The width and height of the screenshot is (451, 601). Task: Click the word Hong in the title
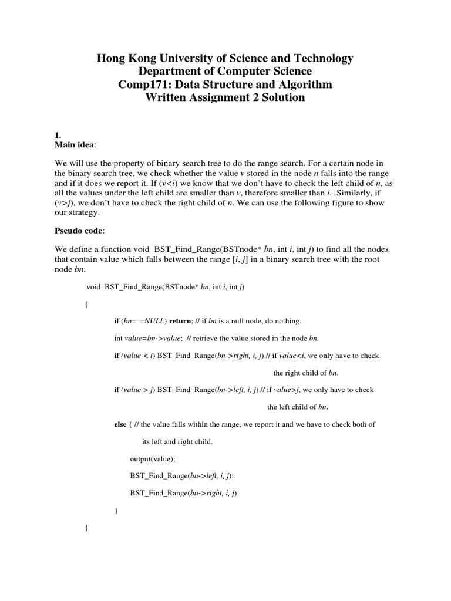coord(112,59)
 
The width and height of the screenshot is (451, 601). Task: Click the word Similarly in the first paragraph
coord(354,193)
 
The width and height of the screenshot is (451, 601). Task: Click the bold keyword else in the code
coord(120,424)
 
